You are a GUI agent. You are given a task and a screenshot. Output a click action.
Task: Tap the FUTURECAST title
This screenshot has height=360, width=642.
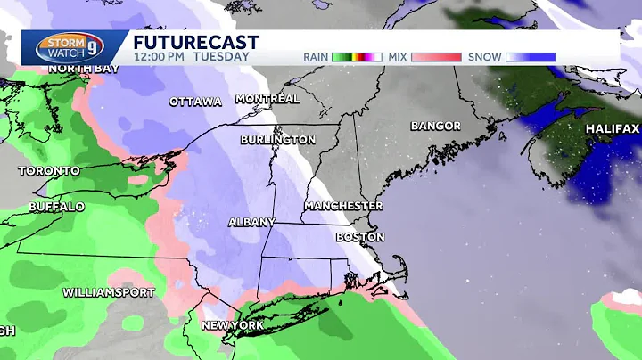[x=196, y=42]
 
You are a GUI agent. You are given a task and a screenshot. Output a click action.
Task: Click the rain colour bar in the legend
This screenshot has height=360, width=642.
[x=357, y=57]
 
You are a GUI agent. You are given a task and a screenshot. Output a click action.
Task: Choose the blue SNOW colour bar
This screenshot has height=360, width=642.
[x=531, y=57]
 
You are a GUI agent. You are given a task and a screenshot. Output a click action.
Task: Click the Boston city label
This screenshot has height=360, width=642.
[x=360, y=237]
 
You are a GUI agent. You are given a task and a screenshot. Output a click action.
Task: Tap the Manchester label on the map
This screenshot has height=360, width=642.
[x=342, y=205]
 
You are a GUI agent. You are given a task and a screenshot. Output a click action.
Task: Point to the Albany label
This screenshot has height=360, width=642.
[x=251, y=222]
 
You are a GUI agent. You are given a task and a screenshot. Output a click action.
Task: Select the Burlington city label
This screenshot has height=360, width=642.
[x=277, y=140]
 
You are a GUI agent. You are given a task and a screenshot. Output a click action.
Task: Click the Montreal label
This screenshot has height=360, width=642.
[x=267, y=98]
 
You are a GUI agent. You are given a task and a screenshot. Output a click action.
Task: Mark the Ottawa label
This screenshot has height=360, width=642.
[x=195, y=102]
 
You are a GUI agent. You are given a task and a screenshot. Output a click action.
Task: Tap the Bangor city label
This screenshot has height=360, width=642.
[x=435, y=126]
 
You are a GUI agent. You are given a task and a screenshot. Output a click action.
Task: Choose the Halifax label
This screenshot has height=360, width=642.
[x=613, y=129]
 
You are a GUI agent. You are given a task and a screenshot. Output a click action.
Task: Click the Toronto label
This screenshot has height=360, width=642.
[x=48, y=170]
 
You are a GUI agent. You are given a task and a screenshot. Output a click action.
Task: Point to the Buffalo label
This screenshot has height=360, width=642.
[x=56, y=207]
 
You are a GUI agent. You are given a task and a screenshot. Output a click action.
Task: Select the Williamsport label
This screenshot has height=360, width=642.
[x=108, y=292]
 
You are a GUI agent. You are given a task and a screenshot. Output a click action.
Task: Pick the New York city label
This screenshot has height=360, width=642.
[x=233, y=325]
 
